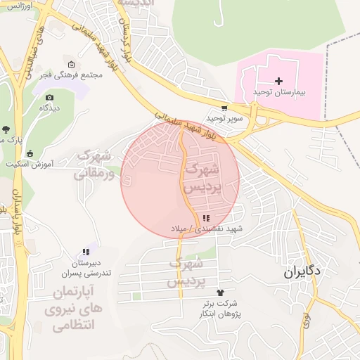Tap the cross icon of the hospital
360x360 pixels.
(279, 82)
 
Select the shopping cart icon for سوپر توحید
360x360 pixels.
(224, 108)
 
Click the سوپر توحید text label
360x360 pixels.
(224, 118)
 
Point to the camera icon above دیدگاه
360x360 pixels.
(49, 98)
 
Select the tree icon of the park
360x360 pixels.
(6, 129)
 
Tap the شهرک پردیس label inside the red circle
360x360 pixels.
(202, 179)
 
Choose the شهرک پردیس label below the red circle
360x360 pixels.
(186, 271)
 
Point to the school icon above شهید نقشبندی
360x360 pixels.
(206, 218)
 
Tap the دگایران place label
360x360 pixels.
(303, 271)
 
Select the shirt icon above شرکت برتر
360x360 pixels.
(220, 292)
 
